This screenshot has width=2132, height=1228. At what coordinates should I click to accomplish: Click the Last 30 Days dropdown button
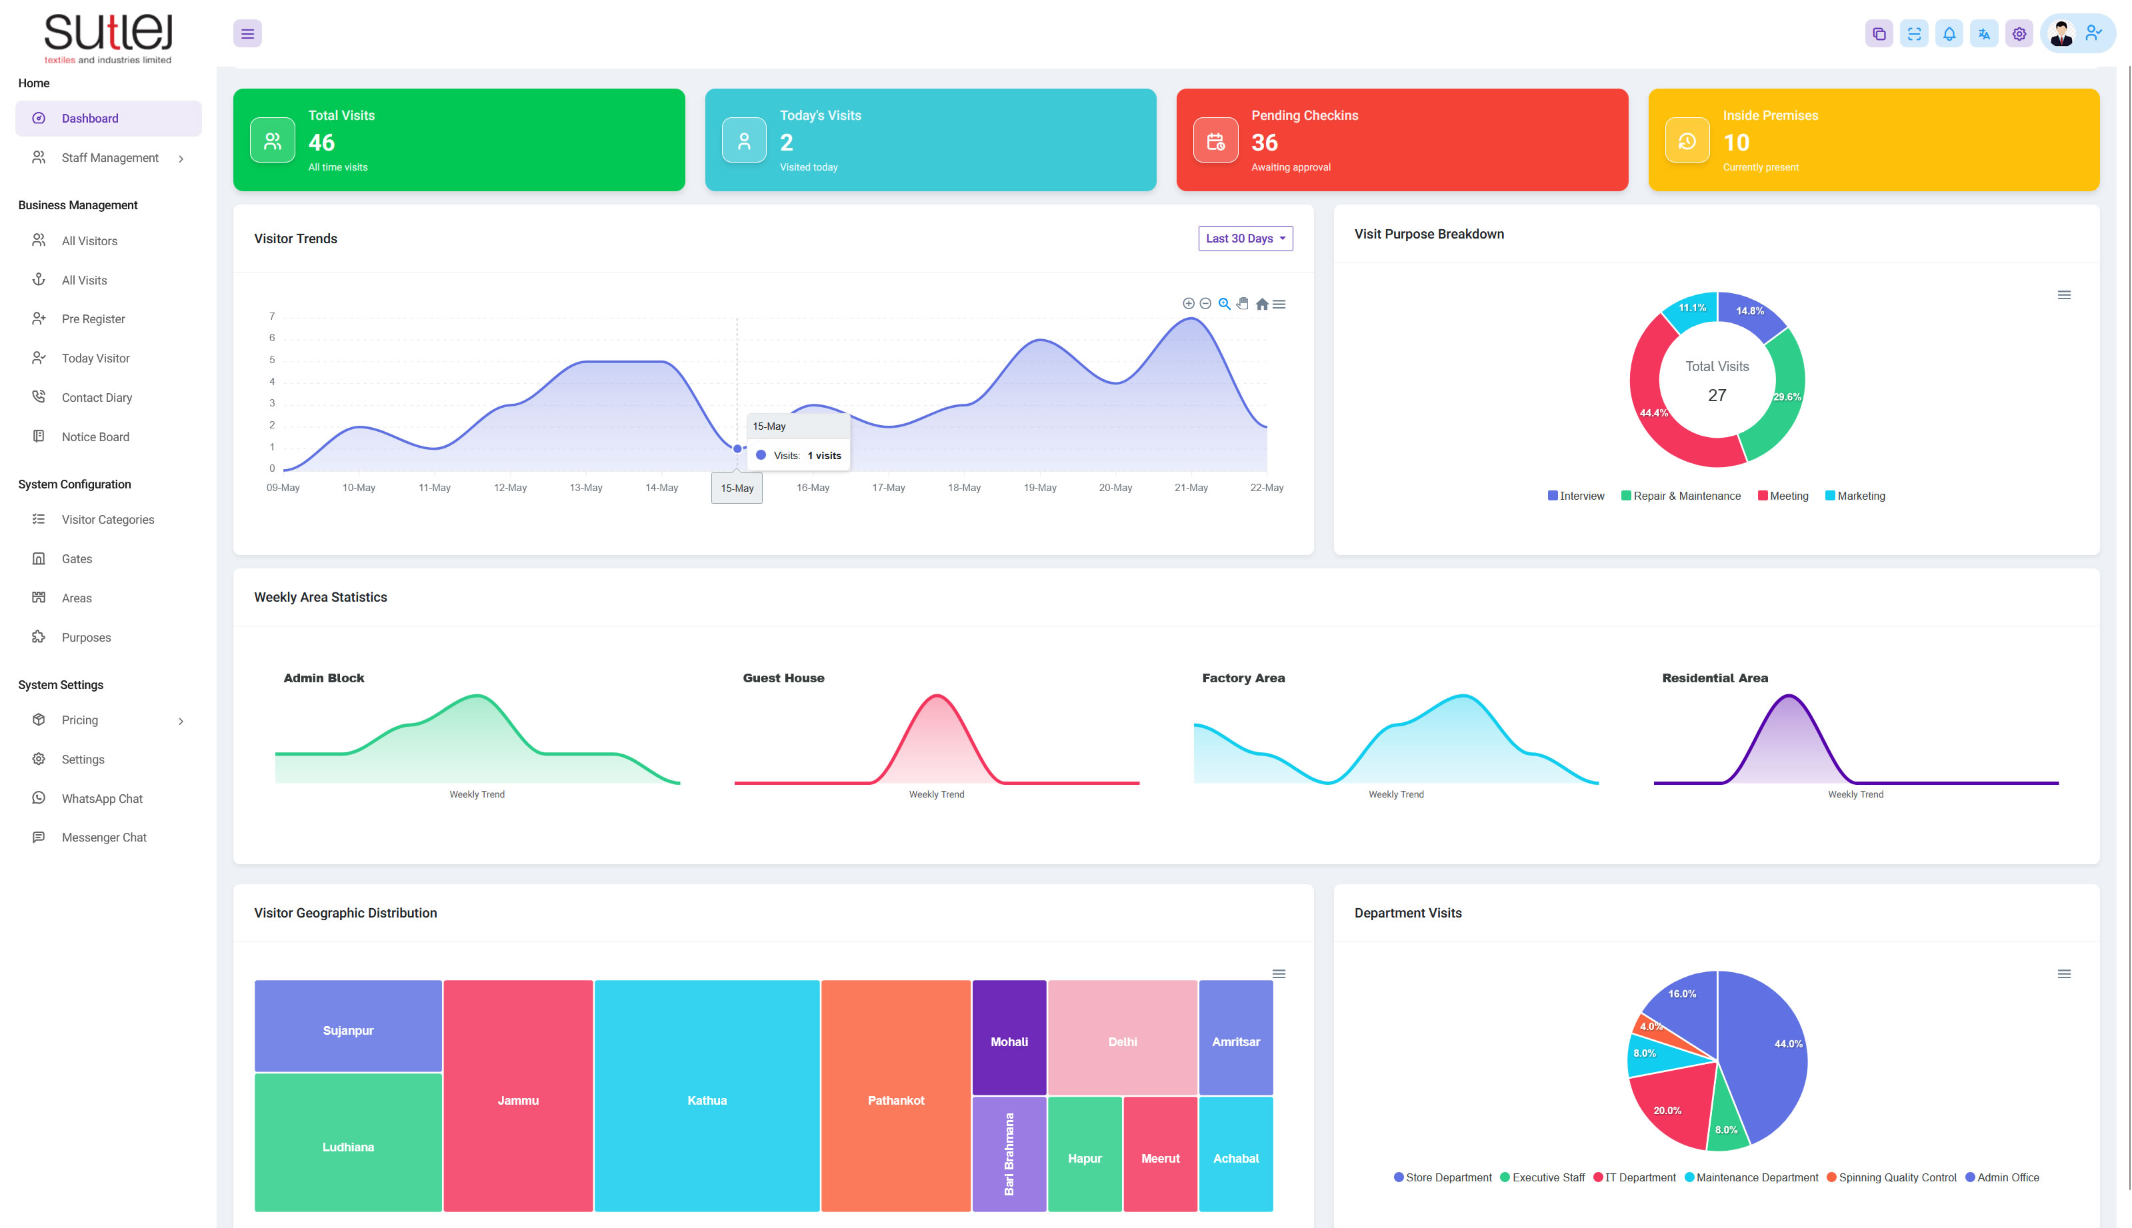pyautogui.click(x=1245, y=239)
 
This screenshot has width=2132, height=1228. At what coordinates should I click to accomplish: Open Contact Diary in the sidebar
pyautogui.click(x=96, y=397)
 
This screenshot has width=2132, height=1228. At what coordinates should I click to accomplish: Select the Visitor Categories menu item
pyautogui.click(x=107, y=520)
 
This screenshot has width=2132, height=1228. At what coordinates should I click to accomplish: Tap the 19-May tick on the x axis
pyautogui.click(x=1039, y=488)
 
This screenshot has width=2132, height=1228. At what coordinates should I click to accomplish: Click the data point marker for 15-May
pyautogui.click(x=737, y=448)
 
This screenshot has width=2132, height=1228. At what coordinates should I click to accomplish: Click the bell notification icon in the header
pyautogui.click(x=1949, y=34)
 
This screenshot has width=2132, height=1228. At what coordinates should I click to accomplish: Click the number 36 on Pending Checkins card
pyautogui.click(x=1264, y=143)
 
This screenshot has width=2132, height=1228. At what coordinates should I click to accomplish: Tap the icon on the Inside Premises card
pyautogui.click(x=1687, y=141)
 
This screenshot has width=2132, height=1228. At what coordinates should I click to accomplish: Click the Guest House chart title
pyautogui.click(x=783, y=678)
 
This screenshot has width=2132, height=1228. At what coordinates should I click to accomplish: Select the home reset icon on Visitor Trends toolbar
pyautogui.click(x=1261, y=305)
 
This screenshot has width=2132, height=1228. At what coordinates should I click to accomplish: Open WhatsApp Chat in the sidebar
pyautogui.click(x=101, y=799)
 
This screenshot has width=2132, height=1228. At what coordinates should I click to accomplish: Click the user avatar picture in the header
pyautogui.click(x=2061, y=34)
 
